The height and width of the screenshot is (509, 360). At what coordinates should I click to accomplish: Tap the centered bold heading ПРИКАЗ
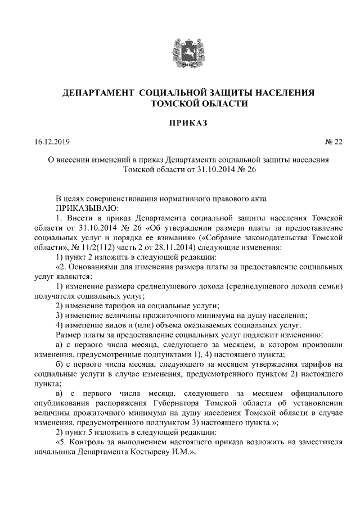[179, 122]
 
